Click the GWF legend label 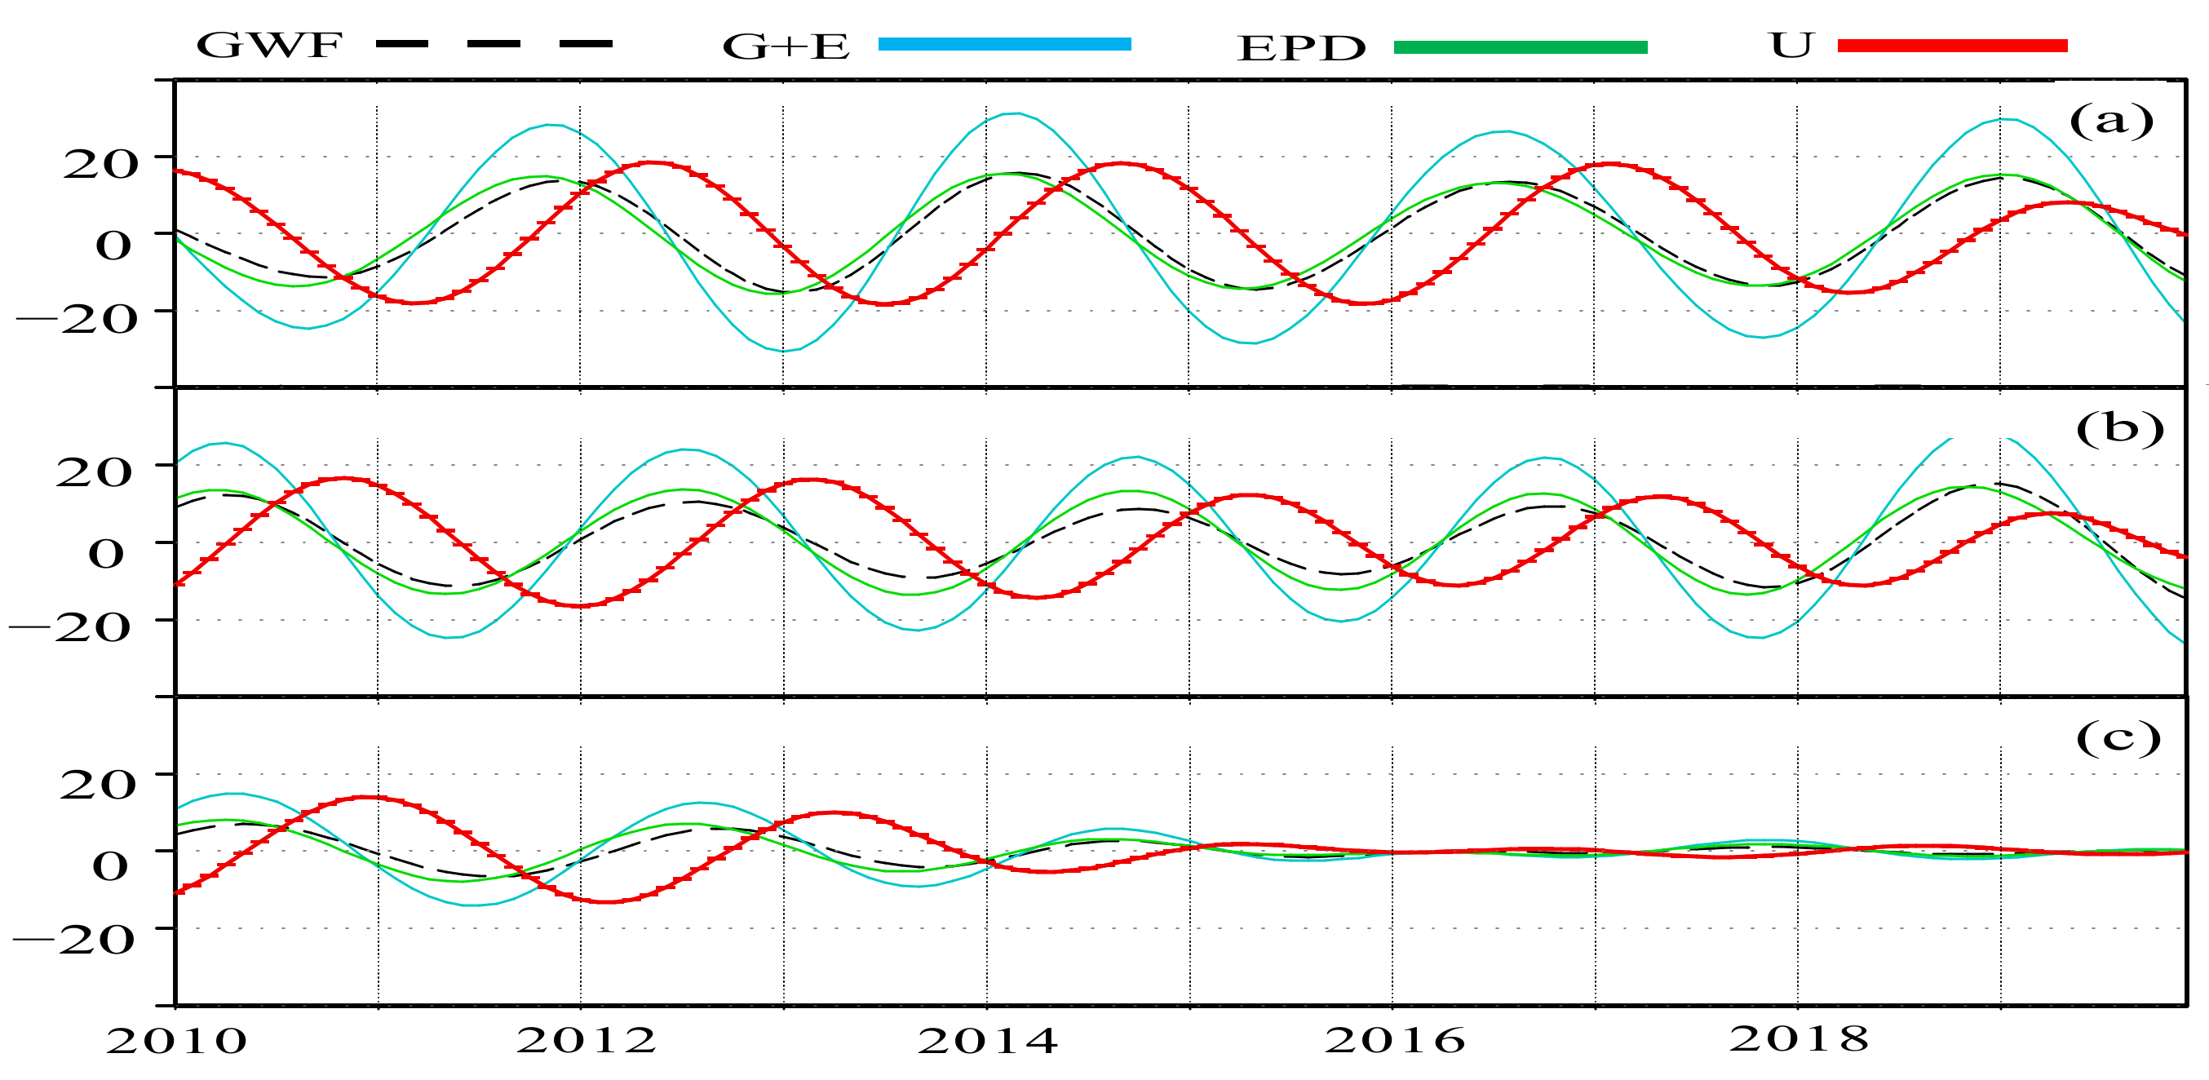click(x=269, y=46)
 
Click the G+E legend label click(x=786, y=47)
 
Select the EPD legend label click(x=1301, y=49)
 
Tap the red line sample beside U click(x=1953, y=46)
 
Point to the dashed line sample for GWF click(x=494, y=44)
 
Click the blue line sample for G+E click(x=1004, y=45)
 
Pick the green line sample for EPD click(x=1521, y=47)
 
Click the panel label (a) click(x=2111, y=121)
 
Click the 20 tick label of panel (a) click(x=100, y=164)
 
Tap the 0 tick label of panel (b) click(x=106, y=553)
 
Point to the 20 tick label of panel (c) click(x=98, y=784)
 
